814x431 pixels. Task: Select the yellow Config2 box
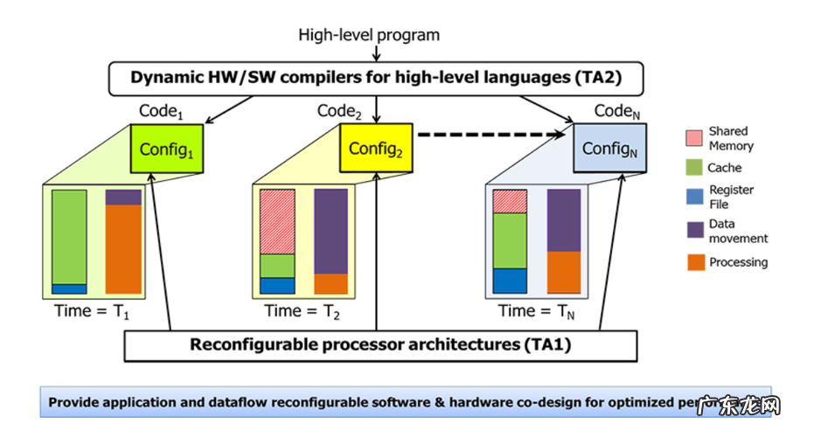[x=375, y=149]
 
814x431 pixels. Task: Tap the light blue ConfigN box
[x=609, y=149]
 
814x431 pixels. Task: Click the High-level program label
[x=369, y=35]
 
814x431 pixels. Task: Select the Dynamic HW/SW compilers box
[x=376, y=78]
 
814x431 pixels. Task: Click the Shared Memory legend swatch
[x=694, y=138]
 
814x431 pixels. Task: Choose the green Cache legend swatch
[x=694, y=167]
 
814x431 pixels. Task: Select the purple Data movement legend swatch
[x=694, y=230]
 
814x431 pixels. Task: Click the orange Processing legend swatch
[x=694, y=261]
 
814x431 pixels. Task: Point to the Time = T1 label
[x=89, y=311]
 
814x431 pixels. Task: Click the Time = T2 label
[x=300, y=311]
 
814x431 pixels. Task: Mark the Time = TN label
[x=535, y=311]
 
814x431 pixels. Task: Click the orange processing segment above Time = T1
[x=123, y=249]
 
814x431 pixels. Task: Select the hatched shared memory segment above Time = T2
[x=277, y=221]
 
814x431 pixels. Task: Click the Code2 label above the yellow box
[x=339, y=112]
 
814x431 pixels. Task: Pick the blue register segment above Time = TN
[x=510, y=281]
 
